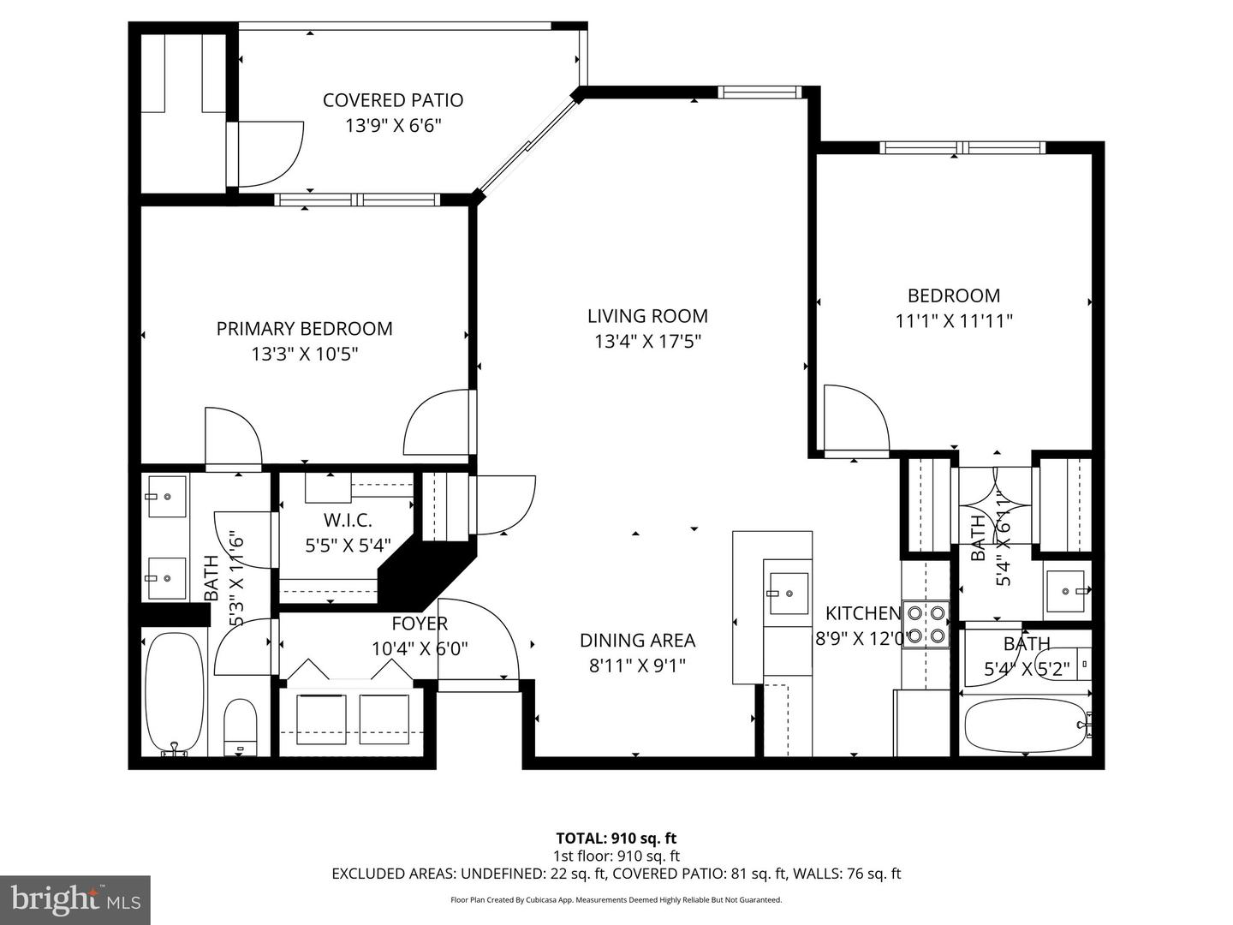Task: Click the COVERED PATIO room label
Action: (393, 100)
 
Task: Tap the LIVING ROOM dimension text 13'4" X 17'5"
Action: (647, 342)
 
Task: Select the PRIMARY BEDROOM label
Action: (304, 328)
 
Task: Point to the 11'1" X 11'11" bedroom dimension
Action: (954, 321)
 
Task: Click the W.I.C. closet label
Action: (348, 520)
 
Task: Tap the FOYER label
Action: (420, 624)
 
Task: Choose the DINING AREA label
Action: (637, 640)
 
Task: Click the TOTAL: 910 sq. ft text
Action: (616, 838)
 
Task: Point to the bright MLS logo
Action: (75, 899)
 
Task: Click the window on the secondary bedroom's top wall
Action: (962, 147)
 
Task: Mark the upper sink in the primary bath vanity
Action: (167, 497)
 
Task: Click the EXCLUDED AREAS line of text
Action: (616, 874)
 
